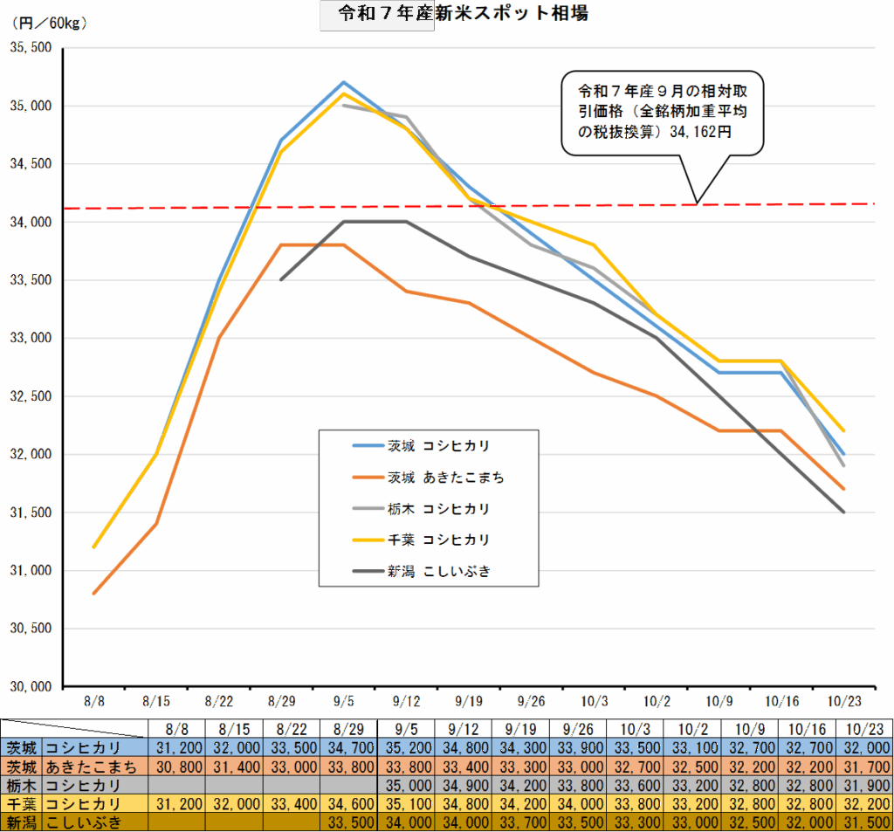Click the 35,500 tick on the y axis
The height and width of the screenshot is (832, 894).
point(31,48)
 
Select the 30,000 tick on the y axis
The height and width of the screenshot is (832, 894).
point(31,687)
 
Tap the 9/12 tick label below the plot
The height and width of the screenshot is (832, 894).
point(406,701)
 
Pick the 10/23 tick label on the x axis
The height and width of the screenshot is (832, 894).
point(843,701)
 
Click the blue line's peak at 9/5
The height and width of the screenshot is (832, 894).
point(344,82)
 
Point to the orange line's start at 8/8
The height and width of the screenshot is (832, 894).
point(94,594)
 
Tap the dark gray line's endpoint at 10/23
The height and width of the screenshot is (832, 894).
point(843,512)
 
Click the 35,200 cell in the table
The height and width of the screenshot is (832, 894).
point(406,748)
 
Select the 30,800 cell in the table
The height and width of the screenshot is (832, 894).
point(176,767)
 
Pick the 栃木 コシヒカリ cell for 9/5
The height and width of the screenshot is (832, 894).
point(406,786)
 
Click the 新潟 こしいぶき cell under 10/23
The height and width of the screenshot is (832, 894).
point(863,822)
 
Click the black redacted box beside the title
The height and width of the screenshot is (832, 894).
point(376,16)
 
